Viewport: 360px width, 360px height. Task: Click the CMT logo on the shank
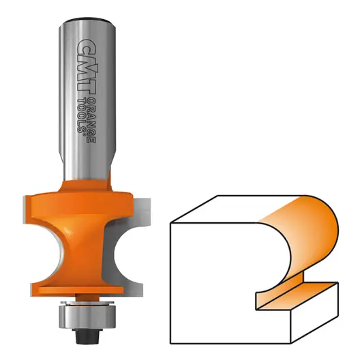[x=86, y=67]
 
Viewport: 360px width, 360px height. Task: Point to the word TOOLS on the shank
[x=81, y=115]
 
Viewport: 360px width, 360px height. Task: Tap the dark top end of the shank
[x=87, y=21]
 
